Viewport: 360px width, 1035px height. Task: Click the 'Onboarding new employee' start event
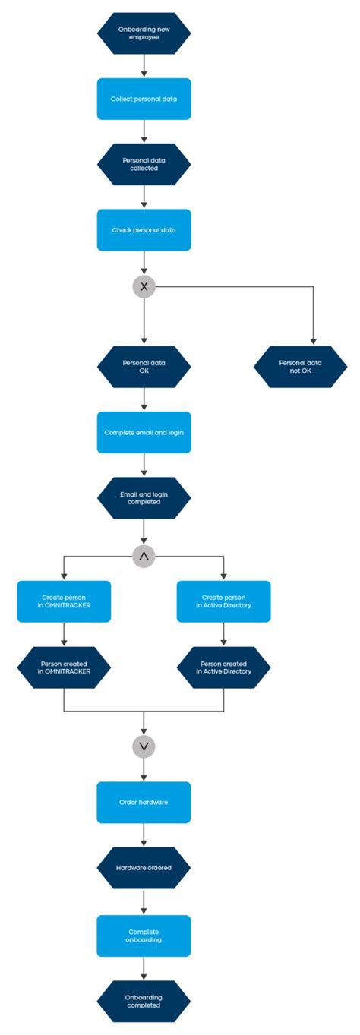tap(144, 33)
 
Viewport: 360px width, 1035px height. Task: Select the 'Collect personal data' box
tap(144, 99)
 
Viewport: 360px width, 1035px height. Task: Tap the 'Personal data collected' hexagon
tap(144, 164)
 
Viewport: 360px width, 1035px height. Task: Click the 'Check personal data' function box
tap(144, 229)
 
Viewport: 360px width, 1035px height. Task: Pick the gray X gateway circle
tap(144, 286)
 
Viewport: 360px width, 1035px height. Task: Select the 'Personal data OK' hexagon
tap(144, 367)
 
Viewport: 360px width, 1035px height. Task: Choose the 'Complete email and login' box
tap(144, 432)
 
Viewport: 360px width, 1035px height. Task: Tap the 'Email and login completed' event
tap(144, 497)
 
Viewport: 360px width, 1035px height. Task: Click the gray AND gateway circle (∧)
tap(144, 557)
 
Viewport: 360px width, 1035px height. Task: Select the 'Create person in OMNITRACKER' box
tap(64, 601)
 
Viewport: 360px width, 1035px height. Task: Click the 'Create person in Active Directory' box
tap(223, 601)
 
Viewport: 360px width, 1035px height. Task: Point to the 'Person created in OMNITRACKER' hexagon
tap(64, 667)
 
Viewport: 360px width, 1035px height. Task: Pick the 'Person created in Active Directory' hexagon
tap(223, 667)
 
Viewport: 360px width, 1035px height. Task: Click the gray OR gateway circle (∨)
tap(144, 746)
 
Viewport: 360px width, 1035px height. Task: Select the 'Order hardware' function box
tap(144, 802)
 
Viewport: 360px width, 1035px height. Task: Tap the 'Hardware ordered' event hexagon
tap(144, 867)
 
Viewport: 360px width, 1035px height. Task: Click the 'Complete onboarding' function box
tap(144, 935)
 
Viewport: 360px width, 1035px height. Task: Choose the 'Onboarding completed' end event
tap(144, 1000)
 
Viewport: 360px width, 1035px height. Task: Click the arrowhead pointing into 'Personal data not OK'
tap(312, 342)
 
